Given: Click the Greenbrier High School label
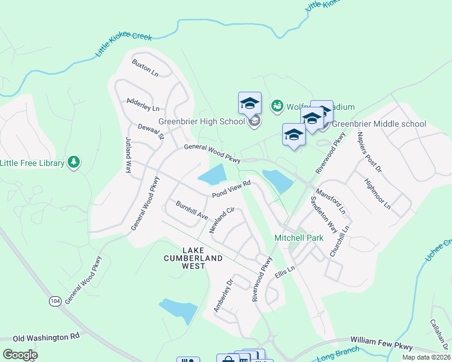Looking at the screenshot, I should click(202, 121).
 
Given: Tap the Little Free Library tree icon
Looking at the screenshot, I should click(74, 162).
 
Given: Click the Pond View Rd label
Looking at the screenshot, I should click(231, 189).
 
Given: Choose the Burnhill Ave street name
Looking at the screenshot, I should click(192, 211).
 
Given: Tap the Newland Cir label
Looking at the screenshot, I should click(221, 220).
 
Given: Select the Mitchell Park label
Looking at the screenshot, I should click(299, 238).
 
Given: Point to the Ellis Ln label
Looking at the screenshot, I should click(283, 268).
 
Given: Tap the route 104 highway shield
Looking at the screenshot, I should click(56, 300).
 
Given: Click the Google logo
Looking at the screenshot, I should click(19, 355).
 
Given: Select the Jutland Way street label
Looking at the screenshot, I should click(128, 156).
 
